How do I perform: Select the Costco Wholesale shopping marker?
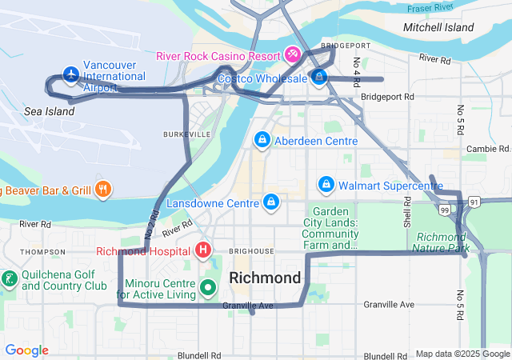pyautogui.click(x=319, y=78)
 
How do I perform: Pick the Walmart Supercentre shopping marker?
pyautogui.click(x=326, y=185)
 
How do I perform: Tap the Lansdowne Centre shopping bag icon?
pyautogui.click(x=272, y=201)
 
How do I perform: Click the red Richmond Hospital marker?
pyautogui.click(x=203, y=251)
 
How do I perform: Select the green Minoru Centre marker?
pyautogui.click(x=208, y=286)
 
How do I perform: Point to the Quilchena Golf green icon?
pyautogui.click(x=10, y=279)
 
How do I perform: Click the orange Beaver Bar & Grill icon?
pyautogui.click(x=102, y=190)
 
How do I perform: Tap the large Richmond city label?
pyautogui.click(x=265, y=278)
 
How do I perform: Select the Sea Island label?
pyautogui.click(x=49, y=111)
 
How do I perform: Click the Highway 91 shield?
pyautogui.click(x=474, y=202)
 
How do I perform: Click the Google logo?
pyautogui.click(x=26, y=350)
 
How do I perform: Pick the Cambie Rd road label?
pyautogui.click(x=488, y=149)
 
